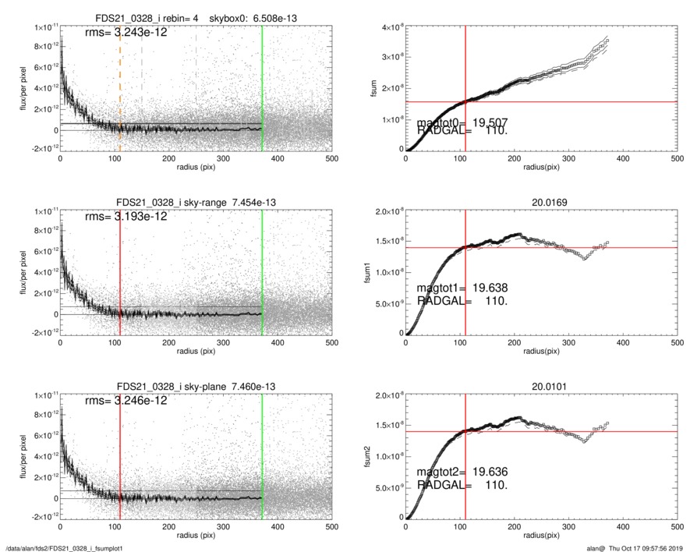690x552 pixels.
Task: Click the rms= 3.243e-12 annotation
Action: (126, 33)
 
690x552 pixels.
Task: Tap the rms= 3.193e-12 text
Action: (126, 217)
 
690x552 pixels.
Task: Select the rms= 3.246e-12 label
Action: (126, 401)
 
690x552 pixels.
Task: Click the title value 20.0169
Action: (541, 203)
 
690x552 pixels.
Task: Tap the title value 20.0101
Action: (541, 387)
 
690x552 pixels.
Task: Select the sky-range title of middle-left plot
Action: (196, 203)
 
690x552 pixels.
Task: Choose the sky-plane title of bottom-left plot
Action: (196, 387)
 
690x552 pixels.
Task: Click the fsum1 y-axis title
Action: (373, 273)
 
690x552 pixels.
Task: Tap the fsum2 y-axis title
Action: (373, 457)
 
